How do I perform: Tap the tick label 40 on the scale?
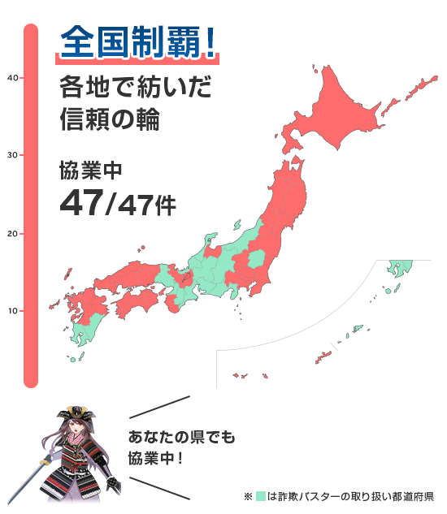pos(12,78)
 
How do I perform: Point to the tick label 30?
pos(12,155)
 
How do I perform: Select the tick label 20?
pos(12,234)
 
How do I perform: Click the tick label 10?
pos(12,311)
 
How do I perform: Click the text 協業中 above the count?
pos(89,171)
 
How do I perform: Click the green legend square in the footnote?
pos(260,495)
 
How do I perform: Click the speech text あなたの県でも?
pos(181,438)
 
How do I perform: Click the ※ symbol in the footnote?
pos(248,495)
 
